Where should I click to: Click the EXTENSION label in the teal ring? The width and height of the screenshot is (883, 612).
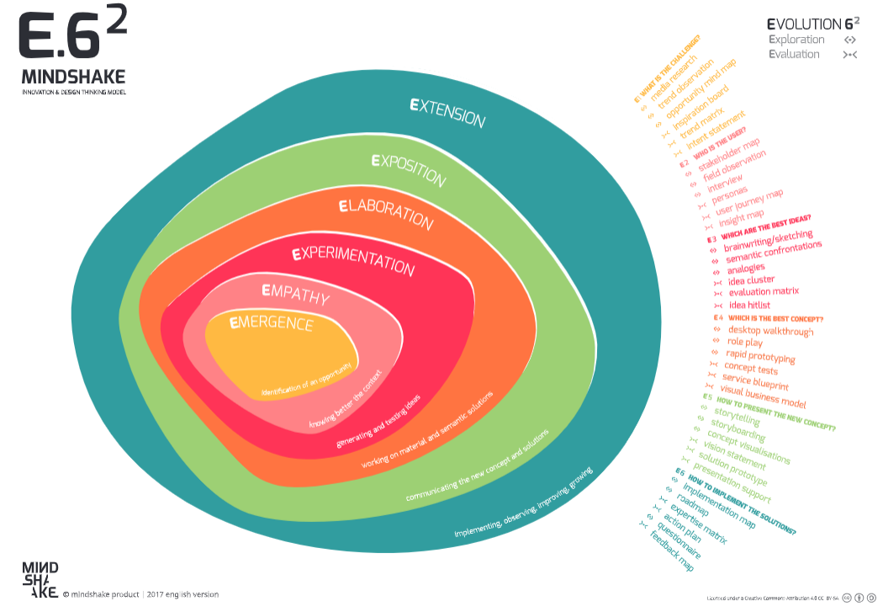pos(447,113)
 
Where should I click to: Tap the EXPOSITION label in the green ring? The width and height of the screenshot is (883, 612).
pos(408,168)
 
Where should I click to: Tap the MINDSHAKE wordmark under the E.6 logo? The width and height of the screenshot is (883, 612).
pos(75,77)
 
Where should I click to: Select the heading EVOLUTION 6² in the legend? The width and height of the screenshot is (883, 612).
pos(815,24)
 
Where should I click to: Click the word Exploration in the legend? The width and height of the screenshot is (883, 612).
pos(796,40)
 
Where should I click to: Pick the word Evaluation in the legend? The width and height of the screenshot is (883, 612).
pos(794,54)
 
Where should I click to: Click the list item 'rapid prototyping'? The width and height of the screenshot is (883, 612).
pos(761,356)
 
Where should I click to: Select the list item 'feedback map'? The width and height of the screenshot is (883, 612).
pos(672,553)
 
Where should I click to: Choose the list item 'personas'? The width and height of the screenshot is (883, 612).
pos(729,198)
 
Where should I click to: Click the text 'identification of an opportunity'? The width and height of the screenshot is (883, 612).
pos(309,375)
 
